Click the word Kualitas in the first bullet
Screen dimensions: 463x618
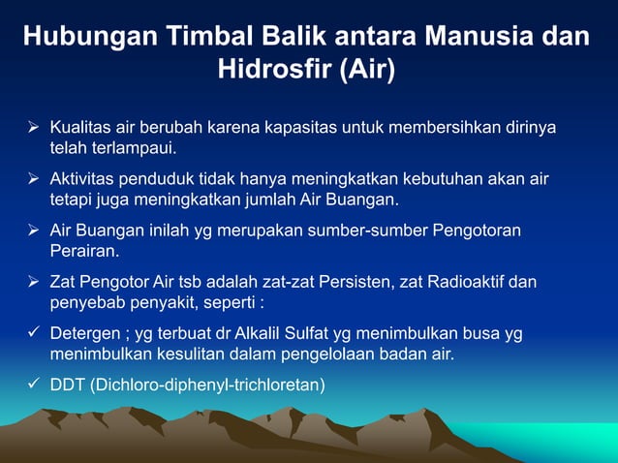coord(80,129)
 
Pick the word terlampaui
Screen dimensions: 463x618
coord(136,149)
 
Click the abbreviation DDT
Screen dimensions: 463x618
coord(68,386)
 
